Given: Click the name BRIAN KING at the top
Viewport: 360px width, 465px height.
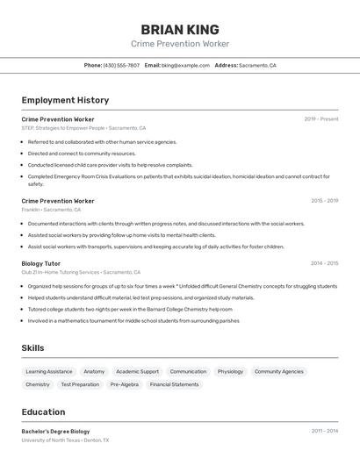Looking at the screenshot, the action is click(x=180, y=30).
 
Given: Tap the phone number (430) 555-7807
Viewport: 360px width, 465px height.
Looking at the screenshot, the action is click(x=121, y=66).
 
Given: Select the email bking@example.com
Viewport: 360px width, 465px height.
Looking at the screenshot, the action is click(x=185, y=66).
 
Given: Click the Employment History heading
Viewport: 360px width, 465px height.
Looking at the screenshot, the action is click(x=65, y=100).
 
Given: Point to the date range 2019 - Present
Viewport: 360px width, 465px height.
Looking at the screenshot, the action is click(x=321, y=119).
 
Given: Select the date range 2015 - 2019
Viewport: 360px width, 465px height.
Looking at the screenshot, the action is click(x=324, y=201).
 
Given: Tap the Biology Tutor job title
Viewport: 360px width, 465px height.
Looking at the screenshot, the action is click(x=41, y=263).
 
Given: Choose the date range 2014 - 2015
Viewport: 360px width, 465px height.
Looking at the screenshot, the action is click(x=324, y=263).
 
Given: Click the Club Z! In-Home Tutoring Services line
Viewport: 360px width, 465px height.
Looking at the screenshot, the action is click(x=81, y=272).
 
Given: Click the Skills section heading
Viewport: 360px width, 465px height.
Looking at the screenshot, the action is click(x=33, y=348).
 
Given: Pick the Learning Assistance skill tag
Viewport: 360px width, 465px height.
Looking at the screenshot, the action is click(x=49, y=371).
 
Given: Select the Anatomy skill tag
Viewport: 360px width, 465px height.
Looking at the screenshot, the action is click(x=94, y=371).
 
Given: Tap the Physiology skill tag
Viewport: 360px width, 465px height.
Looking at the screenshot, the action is click(x=230, y=371).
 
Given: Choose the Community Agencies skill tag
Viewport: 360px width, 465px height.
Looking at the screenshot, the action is click(x=279, y=371).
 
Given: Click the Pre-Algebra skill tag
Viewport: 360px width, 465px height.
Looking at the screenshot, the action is click(x=124, y=384).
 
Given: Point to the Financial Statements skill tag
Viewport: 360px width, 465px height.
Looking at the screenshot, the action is click(x=174, y=384).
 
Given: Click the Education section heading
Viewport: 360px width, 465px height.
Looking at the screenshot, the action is click(x=43, y=411).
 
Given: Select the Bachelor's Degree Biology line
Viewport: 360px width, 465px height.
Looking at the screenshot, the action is click(x=55, y=432).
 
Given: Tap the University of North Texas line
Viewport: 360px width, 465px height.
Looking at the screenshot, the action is click(x=65, y=440).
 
